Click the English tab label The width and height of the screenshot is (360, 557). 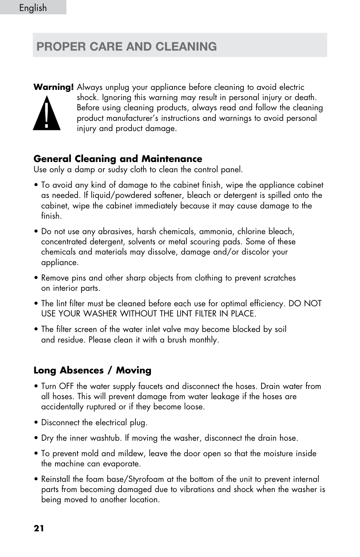33,8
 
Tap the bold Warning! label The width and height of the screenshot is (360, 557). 53,87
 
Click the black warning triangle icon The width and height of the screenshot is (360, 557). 46,113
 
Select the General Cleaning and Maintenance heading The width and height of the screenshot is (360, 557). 118,159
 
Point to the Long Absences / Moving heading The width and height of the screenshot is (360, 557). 92,370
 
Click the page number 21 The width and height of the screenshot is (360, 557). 39,528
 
